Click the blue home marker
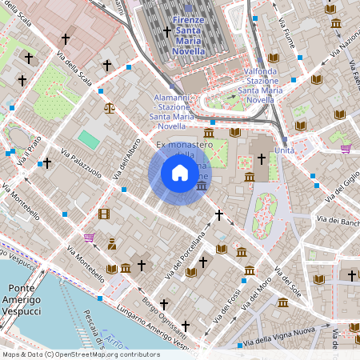pos(180,173)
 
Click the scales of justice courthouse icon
pos(109,105)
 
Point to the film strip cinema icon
pos(104,214)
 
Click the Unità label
pos(284,150)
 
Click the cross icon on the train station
pos(167,31)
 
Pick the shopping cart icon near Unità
pos(346,148)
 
